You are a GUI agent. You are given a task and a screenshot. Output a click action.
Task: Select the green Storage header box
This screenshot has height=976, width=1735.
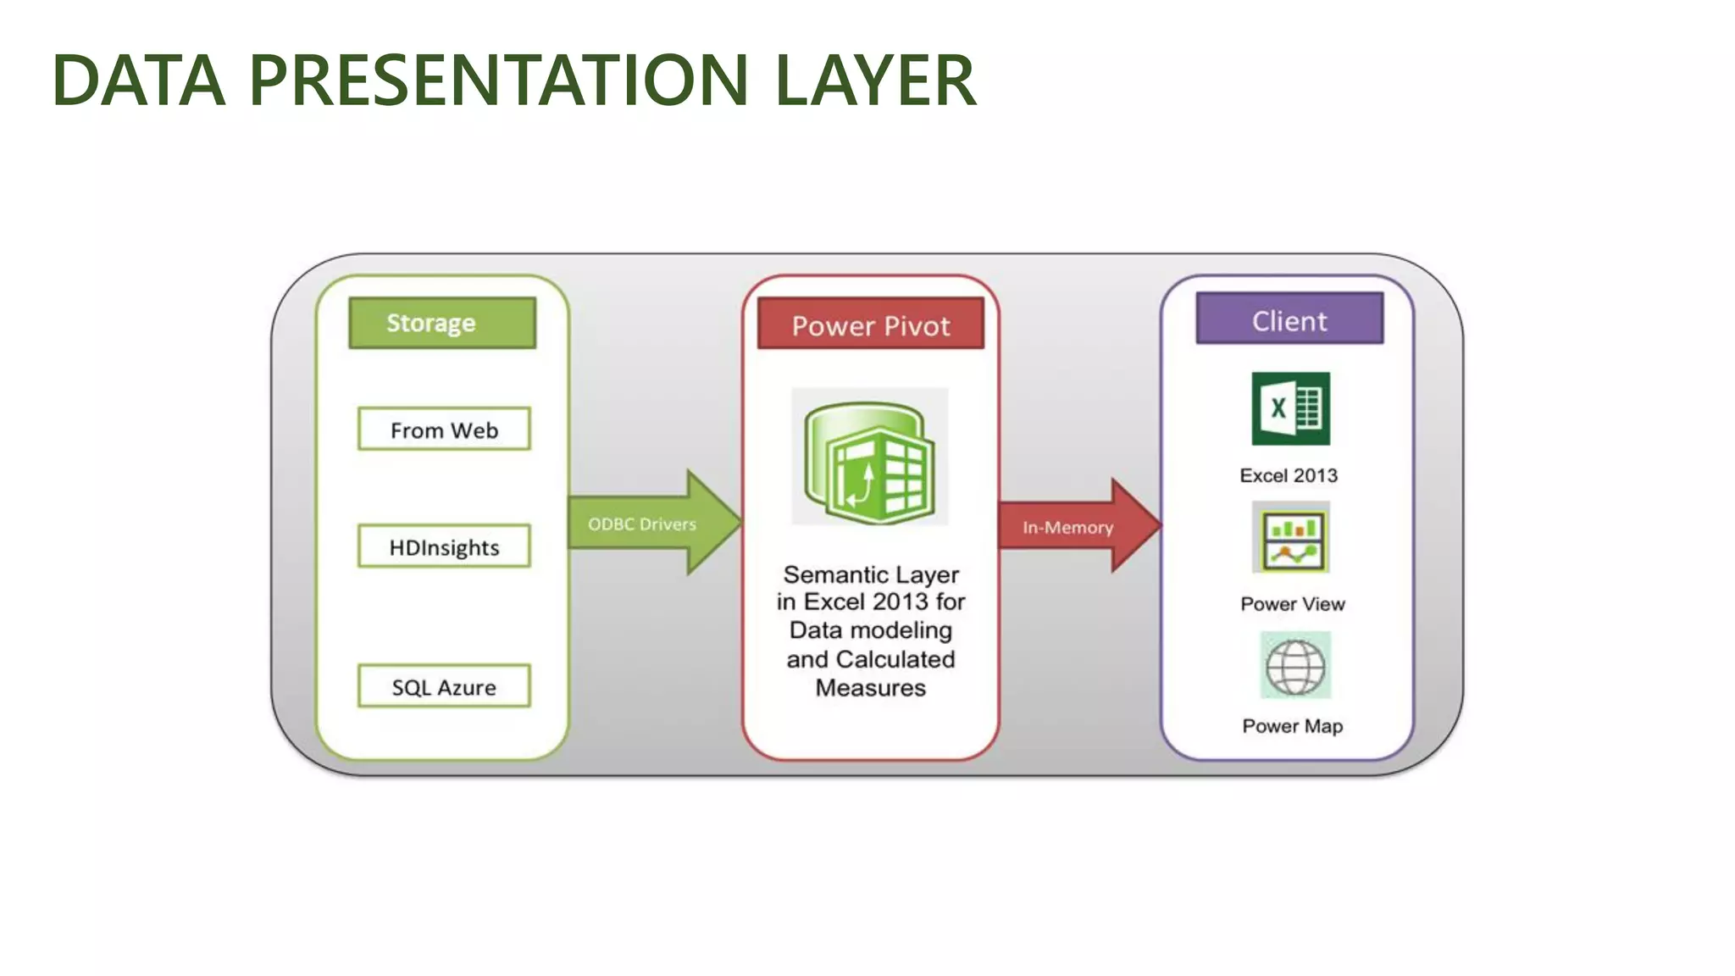442,323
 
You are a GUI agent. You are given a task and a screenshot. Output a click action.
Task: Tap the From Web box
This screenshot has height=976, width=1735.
444,430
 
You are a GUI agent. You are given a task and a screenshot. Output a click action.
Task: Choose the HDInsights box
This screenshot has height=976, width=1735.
444,546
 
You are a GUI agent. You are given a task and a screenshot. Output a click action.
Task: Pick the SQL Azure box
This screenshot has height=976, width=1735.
444,686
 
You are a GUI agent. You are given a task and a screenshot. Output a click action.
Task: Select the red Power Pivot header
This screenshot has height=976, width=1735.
871,325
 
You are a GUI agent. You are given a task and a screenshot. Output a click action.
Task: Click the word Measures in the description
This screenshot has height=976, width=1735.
870,687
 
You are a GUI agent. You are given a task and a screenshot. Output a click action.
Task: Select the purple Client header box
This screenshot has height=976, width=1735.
1289,320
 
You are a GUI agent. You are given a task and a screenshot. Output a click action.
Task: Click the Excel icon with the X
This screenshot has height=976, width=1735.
1290,408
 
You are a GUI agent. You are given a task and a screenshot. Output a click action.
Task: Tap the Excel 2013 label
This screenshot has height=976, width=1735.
1289,475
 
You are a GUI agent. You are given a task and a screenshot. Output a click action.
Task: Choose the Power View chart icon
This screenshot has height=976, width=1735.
1291,538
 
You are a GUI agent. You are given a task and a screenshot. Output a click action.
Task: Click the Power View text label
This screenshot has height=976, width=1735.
1292,604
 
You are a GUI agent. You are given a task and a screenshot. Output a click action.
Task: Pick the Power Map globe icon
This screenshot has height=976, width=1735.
1294,666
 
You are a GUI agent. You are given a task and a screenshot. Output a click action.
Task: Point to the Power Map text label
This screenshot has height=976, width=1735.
1292,726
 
